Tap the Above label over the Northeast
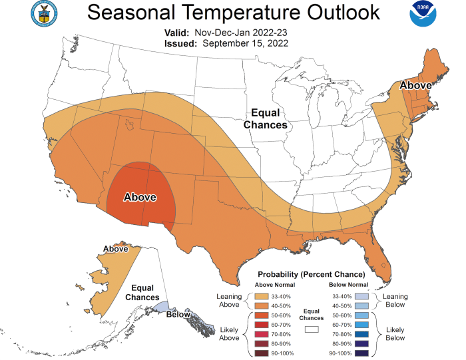[415, 85]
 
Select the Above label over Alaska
[116, 248]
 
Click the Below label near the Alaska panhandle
[179, 313]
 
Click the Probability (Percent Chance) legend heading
[311, 274]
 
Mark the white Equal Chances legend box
[310, 328]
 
